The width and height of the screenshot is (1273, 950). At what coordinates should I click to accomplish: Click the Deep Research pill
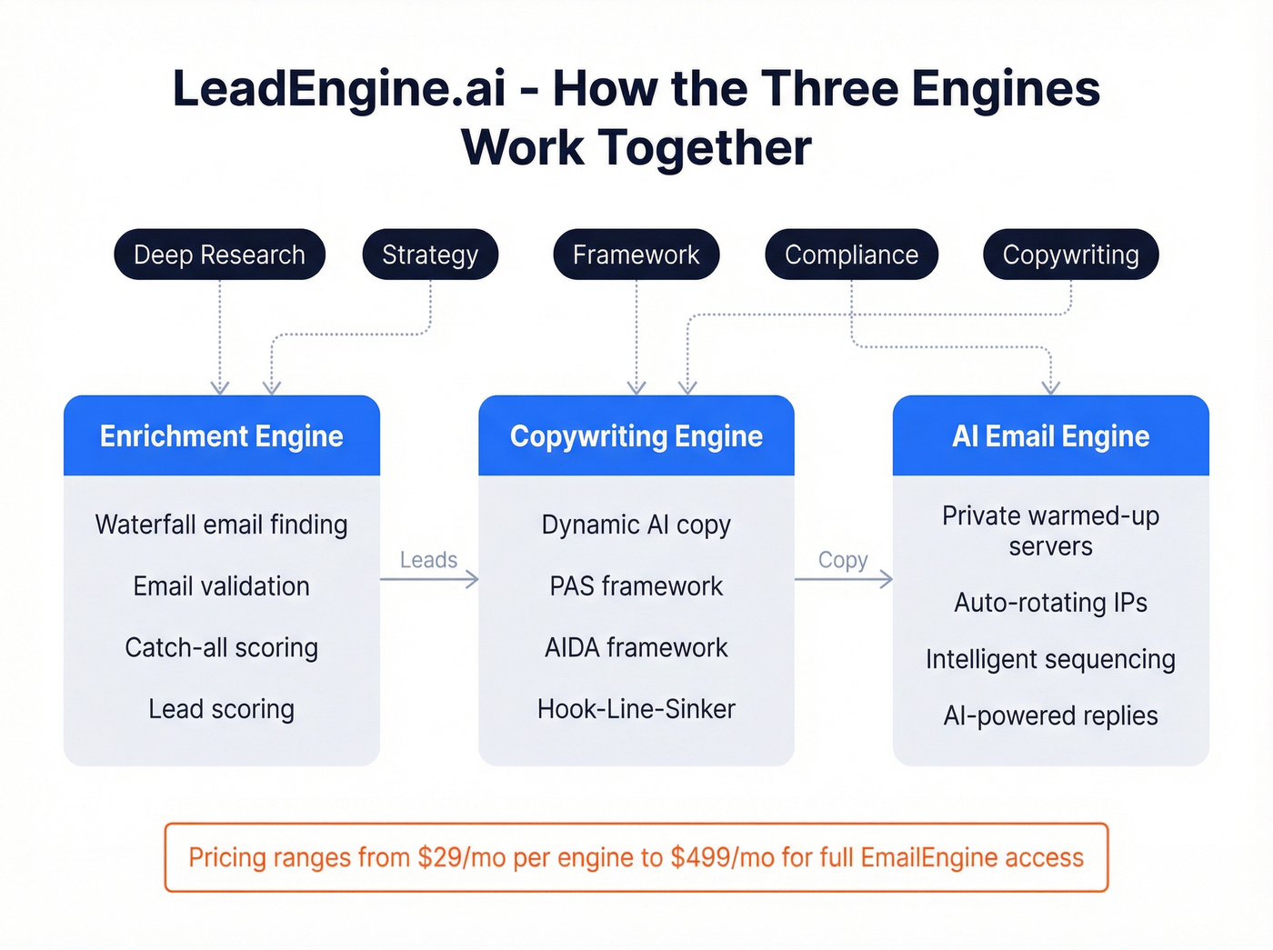click(x=219, y=255)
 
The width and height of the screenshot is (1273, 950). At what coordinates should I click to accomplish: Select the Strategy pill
click(x=430, y=255)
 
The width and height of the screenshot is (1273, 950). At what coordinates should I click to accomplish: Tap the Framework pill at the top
click(x=636, y=255)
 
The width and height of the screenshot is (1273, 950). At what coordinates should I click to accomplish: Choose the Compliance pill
click(x=851, y=255)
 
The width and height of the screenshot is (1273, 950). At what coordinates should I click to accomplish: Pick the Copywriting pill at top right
click(x=1070, y=255)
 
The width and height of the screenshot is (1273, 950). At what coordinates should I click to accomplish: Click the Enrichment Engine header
click(x=221, y=436)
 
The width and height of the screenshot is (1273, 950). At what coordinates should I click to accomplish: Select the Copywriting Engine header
click(x=636, y=436)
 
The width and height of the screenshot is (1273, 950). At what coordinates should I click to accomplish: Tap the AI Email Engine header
click(x=1050, y=436)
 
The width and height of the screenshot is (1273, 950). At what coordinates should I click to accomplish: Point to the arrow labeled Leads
click(x=429, y=579)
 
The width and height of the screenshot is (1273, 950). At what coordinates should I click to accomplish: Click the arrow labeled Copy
click(x=844, y=579)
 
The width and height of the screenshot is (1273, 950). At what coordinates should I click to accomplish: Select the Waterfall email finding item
click(x=221, y=525)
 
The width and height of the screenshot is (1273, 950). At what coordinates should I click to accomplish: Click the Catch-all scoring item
click(x=221, y=647)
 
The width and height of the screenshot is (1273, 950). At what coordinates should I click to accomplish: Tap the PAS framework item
click(x=636, y=586)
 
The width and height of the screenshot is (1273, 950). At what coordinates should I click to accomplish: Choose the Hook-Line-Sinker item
click(x=636, y=709)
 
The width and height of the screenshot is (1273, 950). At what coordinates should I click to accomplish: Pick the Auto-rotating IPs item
click(x=1050, y=603)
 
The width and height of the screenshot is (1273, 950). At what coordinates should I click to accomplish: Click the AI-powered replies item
click(x=1050, y=716)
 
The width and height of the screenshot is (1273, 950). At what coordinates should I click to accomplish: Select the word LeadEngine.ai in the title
click(x=338, y=89)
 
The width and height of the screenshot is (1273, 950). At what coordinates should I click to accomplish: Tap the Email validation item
click(x=221, y=586)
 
